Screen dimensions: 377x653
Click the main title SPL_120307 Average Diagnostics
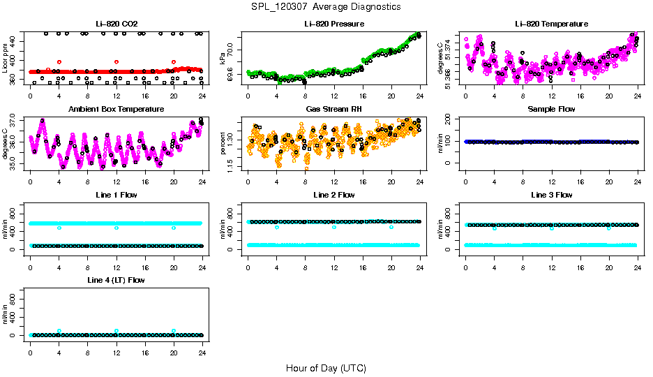click(x=326, y=6)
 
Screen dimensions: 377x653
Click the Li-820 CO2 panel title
click(x=116, y=24)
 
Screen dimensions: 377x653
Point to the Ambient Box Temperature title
click(x=116, y=109)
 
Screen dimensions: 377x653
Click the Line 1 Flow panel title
click(x=116, y=195)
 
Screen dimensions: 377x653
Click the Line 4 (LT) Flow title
click(x=116, y=280)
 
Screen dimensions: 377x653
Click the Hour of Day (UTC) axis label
click(x=326, y=367)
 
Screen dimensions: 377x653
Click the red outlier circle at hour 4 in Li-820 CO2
click(x=59, y=62)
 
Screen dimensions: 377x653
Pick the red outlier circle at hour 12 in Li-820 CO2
click(x=117, y=62)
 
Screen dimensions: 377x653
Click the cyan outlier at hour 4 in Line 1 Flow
click(x=59, y=228)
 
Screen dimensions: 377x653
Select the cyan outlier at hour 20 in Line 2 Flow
click(x=391, y=227)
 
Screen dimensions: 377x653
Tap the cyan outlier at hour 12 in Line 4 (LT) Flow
click(x=117, y=331)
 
